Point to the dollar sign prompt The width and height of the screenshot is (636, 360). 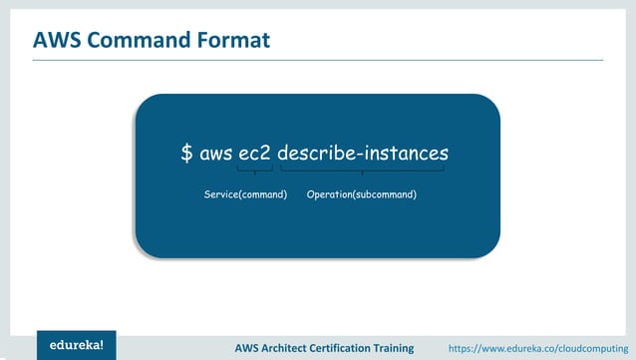tap(186, 154)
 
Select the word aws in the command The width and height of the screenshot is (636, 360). tap(215, 154)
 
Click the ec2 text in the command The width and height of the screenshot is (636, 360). tap(255, 154)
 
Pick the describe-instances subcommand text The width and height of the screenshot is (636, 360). tap(363, 154)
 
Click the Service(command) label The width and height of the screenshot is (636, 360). tap(245, 193)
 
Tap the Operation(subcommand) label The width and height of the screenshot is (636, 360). tap(362, 193)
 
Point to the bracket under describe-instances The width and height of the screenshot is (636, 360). tap(363, 172)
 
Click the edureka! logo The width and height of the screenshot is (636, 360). tap(77, 345)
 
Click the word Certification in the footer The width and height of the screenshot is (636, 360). tap(361, 347)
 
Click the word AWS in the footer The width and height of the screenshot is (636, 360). tap(248, 347)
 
